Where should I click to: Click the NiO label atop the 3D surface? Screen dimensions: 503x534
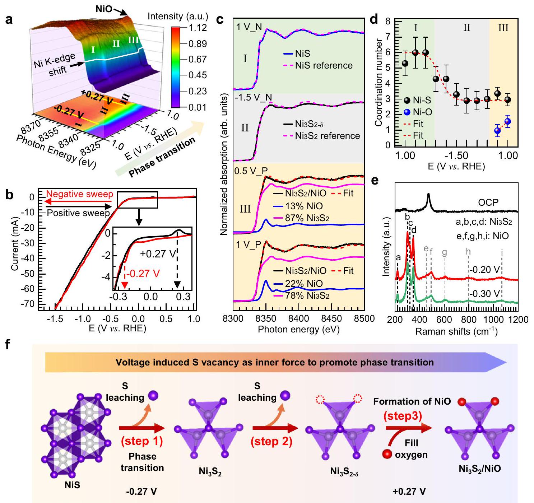click(x=104, y=9)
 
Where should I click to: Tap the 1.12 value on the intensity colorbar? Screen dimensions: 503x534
click(x=198, y=28)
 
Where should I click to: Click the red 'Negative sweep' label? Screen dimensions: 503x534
click(x=80, y=194)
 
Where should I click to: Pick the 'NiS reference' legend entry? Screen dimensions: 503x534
click(x=324, y=65)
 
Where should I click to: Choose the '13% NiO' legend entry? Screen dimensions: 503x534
click(x=304, y=206)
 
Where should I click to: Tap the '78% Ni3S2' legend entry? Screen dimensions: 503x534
click(x=307, y=295)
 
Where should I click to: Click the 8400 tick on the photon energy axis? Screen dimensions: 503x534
click(x=299, y=318)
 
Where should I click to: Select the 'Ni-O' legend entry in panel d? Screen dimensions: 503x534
click(x=422, y=112)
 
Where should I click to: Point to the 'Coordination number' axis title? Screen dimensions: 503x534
click(x=378, y=83)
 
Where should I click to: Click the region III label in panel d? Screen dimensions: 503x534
click(x=503, y=28)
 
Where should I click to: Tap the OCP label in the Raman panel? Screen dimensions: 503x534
click(x=488, y=202)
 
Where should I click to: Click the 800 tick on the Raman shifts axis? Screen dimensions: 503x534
click(x=469, y=320)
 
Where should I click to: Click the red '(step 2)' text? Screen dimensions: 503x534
click(x=271, y=441)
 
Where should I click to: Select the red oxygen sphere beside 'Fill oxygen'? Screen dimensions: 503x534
click(x=387, y=454)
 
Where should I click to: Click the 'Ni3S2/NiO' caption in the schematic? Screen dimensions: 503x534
click(x=480, y=469)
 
